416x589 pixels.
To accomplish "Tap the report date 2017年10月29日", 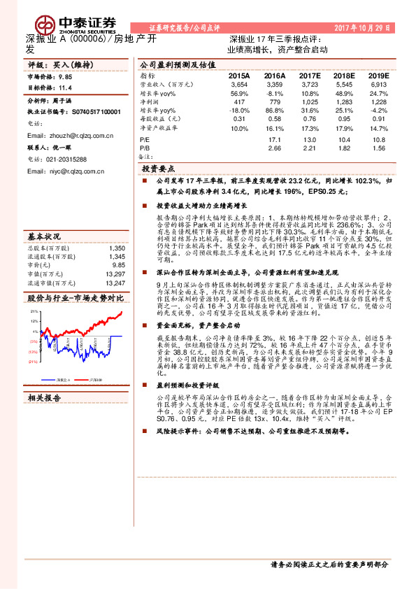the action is click(373, 26).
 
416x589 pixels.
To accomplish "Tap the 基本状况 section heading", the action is click(45, 236).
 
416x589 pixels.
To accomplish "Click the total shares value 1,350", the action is click(117, 248).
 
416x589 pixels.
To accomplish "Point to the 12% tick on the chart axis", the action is click(34, 322).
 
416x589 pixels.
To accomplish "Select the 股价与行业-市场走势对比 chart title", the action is click(76, 298).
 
